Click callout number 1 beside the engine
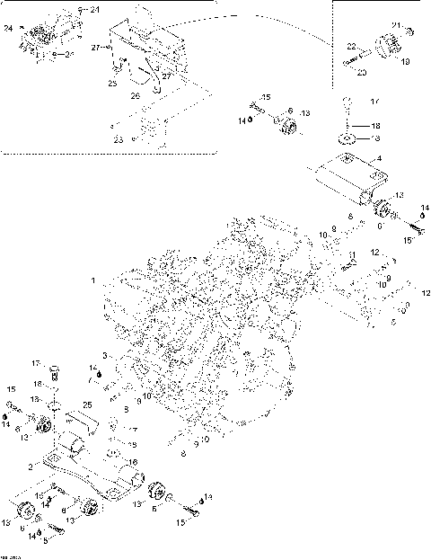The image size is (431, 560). (x=93, y=280)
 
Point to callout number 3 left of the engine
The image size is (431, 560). (x=104, y=357)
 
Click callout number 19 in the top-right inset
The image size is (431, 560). (x=405, y=62)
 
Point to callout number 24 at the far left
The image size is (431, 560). (x=8, y=28)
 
